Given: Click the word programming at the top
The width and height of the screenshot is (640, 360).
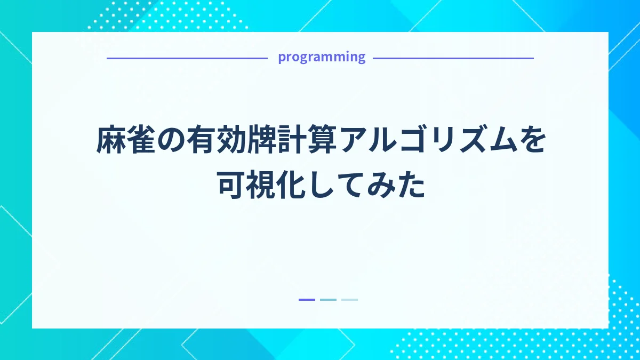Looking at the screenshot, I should tap(322, 57).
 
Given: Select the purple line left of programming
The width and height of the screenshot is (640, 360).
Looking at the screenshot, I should tap(187, 58).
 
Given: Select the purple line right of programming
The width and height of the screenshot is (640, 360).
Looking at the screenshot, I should tap(453, 58).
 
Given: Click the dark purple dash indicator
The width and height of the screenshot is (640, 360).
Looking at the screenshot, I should tap(307, 300).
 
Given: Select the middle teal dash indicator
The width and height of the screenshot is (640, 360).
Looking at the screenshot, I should tap(328, 300).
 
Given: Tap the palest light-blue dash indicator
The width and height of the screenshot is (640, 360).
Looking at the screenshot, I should tap(349, 300).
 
